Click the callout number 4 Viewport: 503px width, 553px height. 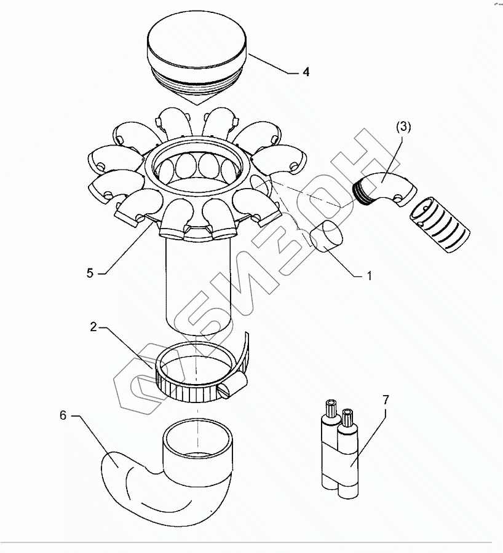click(x=306, y=72)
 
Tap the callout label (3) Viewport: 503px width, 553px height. click(x=403, y=127)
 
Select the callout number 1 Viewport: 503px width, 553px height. click(x=369, y=276)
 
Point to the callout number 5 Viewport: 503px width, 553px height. click(x=90, y=273)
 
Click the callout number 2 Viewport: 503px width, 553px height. click(x=93, y=327)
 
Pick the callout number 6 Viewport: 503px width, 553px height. click(x=63, y=415)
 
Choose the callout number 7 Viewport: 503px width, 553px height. click(x=386, y=400)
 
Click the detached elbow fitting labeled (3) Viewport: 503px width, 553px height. click(x=385, y=189)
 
